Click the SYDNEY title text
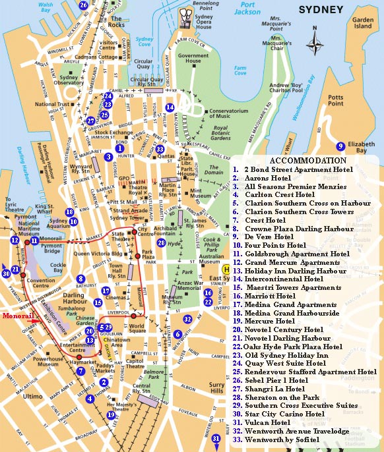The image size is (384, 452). (x=321, y=10)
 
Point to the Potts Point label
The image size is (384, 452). (x=335, y=99)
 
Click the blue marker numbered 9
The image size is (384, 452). (x=340, y=146)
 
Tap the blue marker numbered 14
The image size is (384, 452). (x=170, y=107)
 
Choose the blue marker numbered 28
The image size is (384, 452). (x=161, y=242)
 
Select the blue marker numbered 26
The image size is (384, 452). (x=83, y=5)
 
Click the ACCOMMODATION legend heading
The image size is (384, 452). (x=307, y=160)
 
